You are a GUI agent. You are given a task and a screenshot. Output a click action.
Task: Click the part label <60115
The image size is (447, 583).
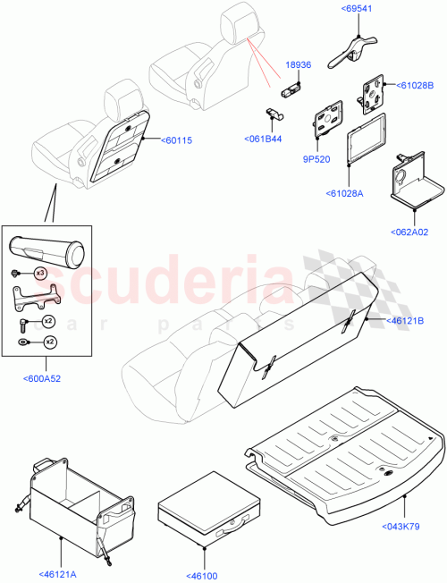point(177,139)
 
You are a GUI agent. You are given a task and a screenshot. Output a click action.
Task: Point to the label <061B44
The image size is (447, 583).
point(264,139)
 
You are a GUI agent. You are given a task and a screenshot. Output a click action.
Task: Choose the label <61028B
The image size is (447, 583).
point(414,86)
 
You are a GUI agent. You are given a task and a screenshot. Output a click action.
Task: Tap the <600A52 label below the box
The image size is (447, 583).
point(42,377)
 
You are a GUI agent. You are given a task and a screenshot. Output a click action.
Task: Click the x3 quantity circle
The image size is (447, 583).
point(39,272)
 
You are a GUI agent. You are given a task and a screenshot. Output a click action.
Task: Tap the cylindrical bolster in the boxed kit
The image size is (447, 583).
point(44,249)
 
